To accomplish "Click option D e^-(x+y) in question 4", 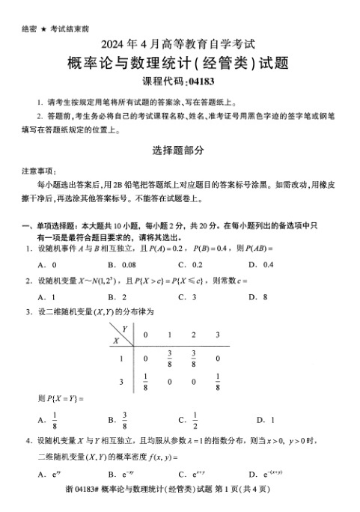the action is tap(270, 475).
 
